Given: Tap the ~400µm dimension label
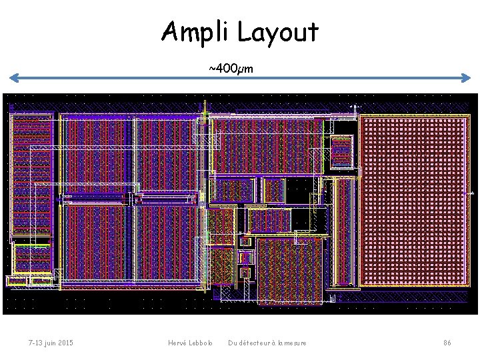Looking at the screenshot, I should click(230, 69).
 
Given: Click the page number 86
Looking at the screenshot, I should click(447, 343).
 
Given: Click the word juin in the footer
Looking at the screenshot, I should click(47, 343).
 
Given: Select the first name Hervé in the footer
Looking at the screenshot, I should click(177, 343).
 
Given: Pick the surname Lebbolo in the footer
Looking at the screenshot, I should click(201, 343).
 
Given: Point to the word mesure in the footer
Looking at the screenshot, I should click(295, 343).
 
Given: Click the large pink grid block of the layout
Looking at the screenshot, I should click(413, 200).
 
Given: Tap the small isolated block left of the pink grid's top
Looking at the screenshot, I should click(341, 151).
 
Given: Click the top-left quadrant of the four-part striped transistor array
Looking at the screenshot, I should click(97, 157).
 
